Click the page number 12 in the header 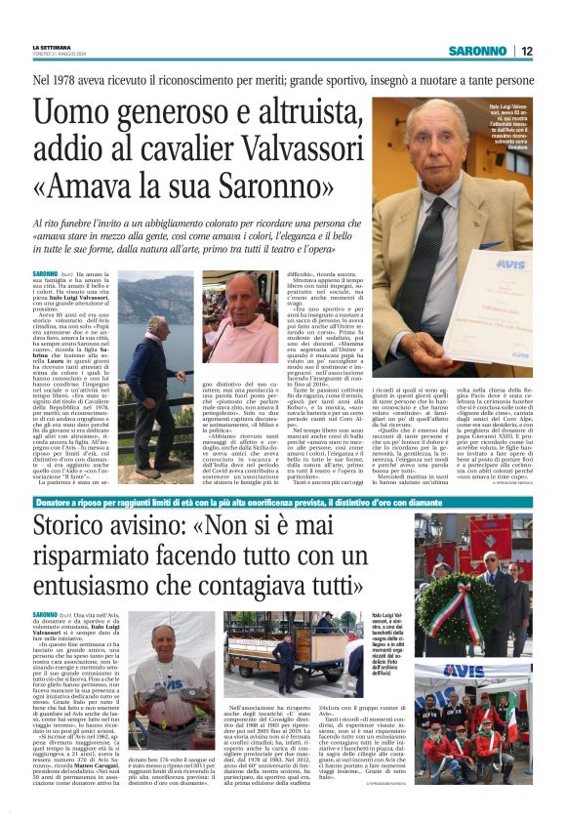(527, 51)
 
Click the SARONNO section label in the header (479, 51)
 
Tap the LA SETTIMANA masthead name (53, 47)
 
